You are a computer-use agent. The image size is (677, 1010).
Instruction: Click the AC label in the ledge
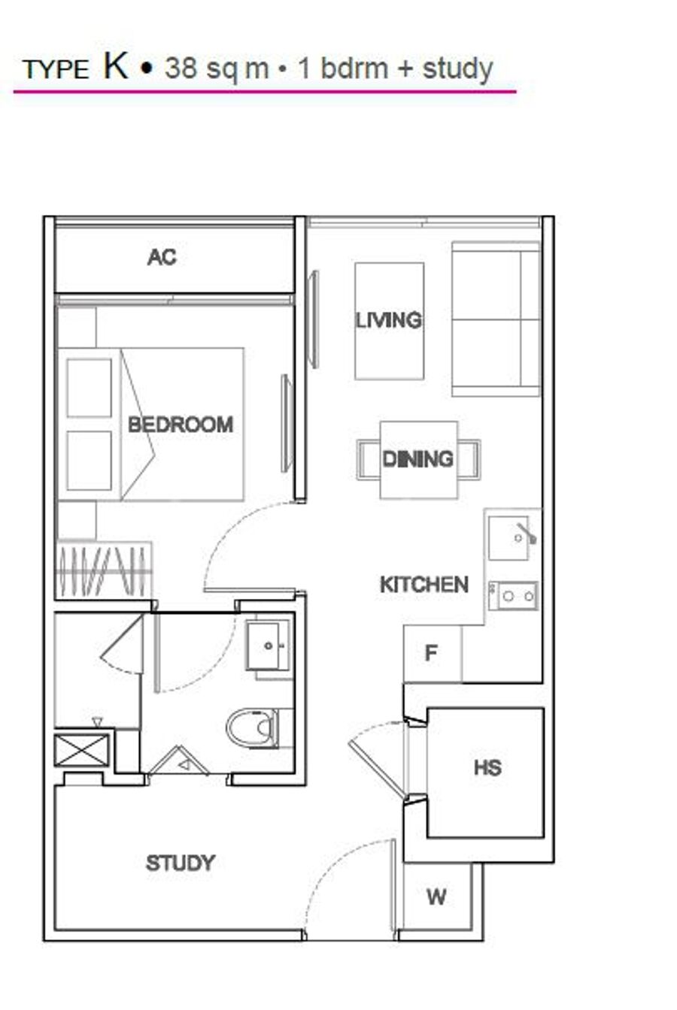coord(162,258)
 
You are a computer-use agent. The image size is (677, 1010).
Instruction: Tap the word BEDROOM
coord(181,425)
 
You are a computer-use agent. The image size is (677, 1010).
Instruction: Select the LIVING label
coord(389,321)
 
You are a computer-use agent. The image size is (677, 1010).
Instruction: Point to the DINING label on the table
coord(418,459)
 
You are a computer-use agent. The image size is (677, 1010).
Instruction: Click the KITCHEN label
coord(424,585)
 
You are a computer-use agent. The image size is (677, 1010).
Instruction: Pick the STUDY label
coord(181,863)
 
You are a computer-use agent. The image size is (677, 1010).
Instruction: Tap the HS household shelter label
coord(488,767)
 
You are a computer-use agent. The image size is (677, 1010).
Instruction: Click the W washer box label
coord(436,897)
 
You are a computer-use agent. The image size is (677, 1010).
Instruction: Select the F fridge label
coord(431,652)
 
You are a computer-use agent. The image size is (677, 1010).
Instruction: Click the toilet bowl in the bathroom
coord(253,727)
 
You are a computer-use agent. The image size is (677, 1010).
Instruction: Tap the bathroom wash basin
coord(268,646)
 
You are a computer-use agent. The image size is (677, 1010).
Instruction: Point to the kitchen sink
coord(509,538)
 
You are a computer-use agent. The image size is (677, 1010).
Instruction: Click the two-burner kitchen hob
coord(513,596)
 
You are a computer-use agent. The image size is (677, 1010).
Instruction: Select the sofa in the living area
coord(496,319)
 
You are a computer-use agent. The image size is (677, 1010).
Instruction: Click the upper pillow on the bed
coord(90,388)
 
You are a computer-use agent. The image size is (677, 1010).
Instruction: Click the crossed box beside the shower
coord(82,750)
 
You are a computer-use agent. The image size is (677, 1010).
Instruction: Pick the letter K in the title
coord(116,67)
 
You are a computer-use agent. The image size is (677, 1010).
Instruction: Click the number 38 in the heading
coord(181,68)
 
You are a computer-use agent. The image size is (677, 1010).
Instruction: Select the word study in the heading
coord(457,69)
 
